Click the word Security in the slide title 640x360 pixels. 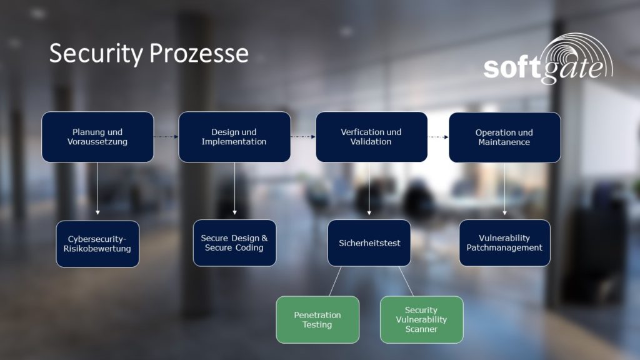pyautogui.click(x=96, y=54)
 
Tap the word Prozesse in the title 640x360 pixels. pyautogui.click(x=199, y=53)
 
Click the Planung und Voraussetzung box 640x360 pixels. pyautogui.click(x=97, y=137)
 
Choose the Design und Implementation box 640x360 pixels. pyautogui.click(x=234, y=137)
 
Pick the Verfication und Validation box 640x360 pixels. pyautogui.click(x=371, y=137)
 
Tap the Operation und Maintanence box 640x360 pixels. pyautogui.click(x=504, y=137)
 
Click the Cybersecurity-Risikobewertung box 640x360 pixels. pyautogui.click(x=97, y=244)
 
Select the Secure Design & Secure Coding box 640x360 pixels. pyautogui.click(x=234, y=243)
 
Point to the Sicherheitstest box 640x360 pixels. pyautogui.click(x=369, y=243)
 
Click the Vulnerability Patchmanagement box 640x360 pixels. pyautogui.click(x=504, y=243)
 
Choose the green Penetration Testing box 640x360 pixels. pyautogui.click(x=317, y=319)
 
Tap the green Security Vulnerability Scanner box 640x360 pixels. pyautogui.click(x=422, y=319)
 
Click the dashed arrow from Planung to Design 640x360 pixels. pyautogui.click(x=166, y=137)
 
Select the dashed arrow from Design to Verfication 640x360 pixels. pyautogui.click(x=303, y=137)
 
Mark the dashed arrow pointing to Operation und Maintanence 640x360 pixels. pyautogui.click(x=438, y=137)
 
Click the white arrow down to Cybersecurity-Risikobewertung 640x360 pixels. pyautogui.click(x=97, y=189)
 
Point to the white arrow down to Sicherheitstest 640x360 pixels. pyautogui.click(x=369, y=189)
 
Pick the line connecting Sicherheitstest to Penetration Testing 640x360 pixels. pyautogui.click(x=335, y=281)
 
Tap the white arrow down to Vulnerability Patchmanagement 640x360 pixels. pyautogui.click(x=504, y=189)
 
